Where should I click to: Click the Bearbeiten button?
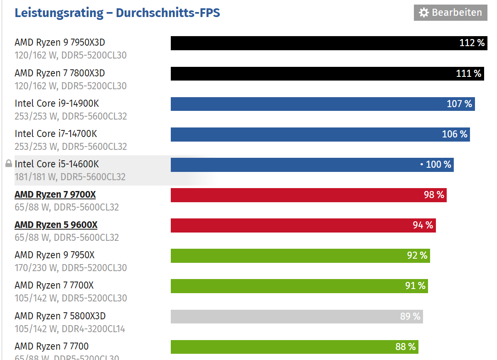coord(450,12)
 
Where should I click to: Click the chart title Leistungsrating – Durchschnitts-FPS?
coord(117,13)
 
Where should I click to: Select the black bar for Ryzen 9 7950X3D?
coord(312,43)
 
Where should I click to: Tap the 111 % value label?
coord(469,73)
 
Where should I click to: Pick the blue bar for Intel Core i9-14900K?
coord(308,104)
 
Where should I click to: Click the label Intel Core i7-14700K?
coord(56,134)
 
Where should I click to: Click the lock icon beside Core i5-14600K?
coord(8,164)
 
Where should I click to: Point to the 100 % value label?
coord(438,164)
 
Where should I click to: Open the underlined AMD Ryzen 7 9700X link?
coord(55,194)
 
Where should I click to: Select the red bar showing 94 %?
coord(291,225)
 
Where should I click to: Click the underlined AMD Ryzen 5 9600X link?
coord(56,225)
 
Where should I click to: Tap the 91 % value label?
coord(416,286)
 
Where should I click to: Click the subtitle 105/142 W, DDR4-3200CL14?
coord(70,329)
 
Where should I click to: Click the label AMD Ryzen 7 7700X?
coord(54,285)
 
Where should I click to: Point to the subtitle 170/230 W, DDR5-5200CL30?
coord(71,268)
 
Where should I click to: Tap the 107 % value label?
coord(459,104)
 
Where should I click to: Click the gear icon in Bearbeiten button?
coord(423,13)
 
